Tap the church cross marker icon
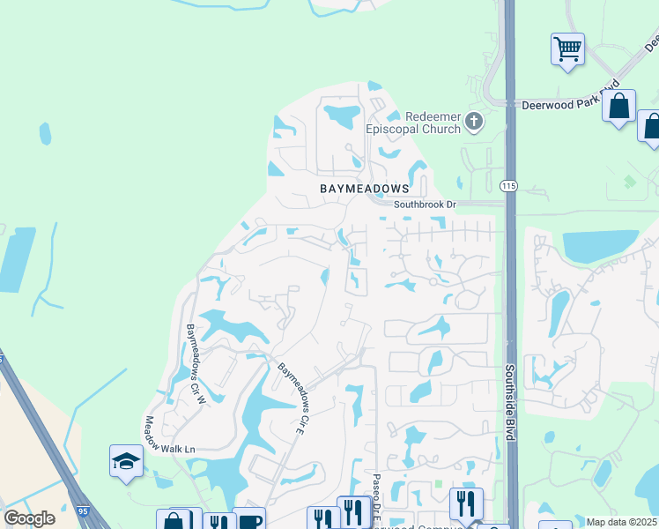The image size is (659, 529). (x=474, y=122)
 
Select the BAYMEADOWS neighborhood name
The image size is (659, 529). (x=365, y=189)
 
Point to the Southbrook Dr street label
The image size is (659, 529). (x=426, y=205)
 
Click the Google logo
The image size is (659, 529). (x=29, y=518)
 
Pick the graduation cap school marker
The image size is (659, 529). (x=126, y=459)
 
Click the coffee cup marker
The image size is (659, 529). (x=248, y=520)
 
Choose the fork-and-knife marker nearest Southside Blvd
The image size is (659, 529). (x=466, y=503)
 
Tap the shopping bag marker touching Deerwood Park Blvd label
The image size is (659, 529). (x=618, y=106)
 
